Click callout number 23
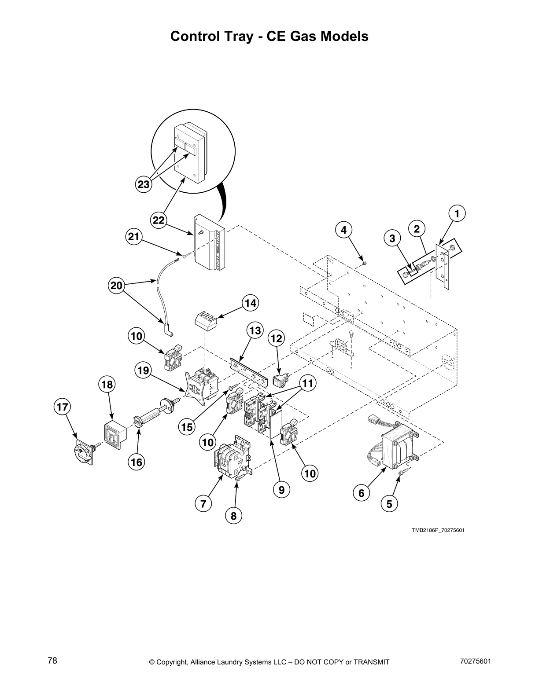tap(144, 184)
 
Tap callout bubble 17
tap(63, 407)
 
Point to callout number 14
tap(250, 303)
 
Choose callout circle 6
tap(361, 493)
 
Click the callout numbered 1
tap(457, 213)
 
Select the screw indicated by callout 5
tap(402, 472)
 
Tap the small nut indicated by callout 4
tap(365, 264)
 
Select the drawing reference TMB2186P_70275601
tap(438, 530)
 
